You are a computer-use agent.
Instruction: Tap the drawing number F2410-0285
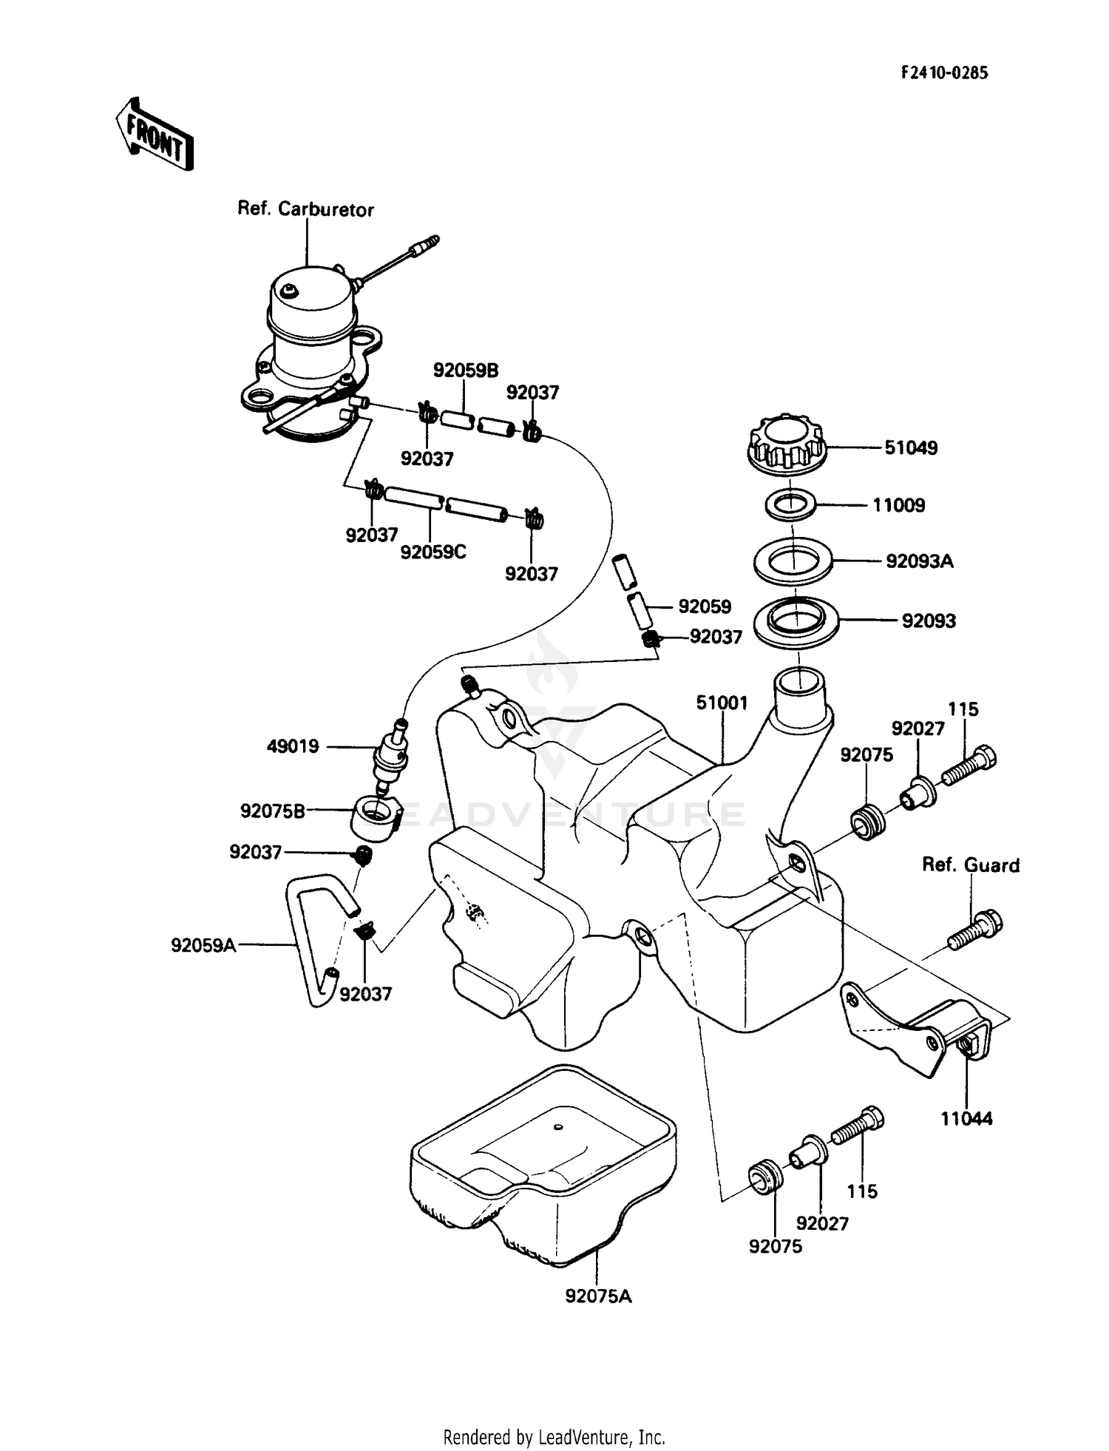[944, 72]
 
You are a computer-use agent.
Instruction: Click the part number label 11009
[898, 505]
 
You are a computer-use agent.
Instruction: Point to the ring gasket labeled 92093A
[793, 561]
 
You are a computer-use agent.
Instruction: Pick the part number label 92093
[928, 620]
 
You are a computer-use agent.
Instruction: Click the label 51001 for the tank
[722, 703]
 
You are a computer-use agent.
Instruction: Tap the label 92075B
[272, 811]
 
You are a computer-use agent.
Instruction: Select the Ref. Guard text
[970, 865]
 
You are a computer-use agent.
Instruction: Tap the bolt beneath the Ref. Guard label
[975, 930]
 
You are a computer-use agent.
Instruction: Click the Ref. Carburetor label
[305, 209]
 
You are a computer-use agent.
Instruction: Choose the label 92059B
[465, 371]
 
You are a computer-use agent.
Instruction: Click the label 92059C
[433, 552]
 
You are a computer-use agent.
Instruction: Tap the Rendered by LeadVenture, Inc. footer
[554, 1437]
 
